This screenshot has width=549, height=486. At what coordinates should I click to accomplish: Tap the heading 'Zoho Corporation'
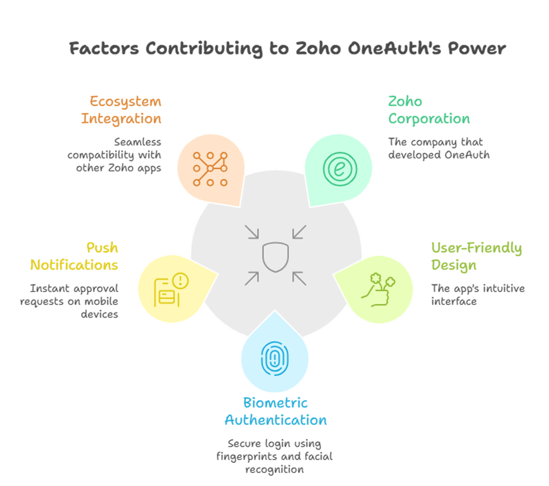click(x=429, y=110)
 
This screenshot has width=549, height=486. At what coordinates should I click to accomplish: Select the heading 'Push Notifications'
click(x=74, y=256)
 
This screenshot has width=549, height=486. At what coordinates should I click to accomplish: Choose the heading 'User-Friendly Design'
click(x=476, y=256)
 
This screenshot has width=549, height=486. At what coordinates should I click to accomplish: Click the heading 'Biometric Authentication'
click(x=275, y=411)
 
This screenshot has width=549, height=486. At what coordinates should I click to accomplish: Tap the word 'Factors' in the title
click(x=104, y=48)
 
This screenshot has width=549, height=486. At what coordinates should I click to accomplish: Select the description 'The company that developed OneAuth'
click(x=439, y=148)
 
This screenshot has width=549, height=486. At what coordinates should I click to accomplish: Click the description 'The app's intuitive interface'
click(x=477, y=295)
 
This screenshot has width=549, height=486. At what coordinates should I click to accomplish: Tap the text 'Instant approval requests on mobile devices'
click(x=70, y=302)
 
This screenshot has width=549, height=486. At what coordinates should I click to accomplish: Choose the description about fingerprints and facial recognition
click(x=274, y=455)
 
